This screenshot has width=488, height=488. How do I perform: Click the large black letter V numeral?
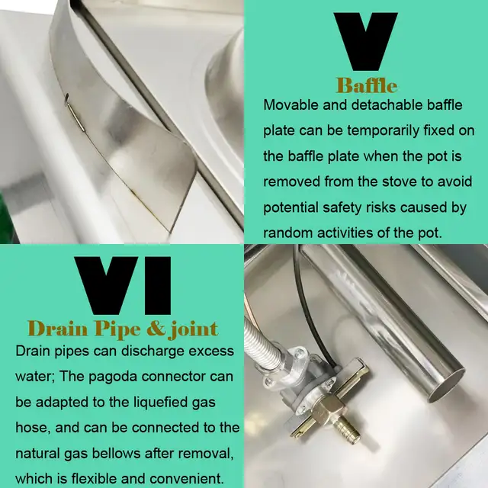pos(365,41)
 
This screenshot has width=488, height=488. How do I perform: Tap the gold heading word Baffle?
pos(367,85)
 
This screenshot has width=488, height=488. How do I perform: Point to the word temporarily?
pos(384,131)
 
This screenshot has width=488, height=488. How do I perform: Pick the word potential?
pos(291,208)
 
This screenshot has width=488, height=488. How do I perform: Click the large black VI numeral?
pos(123,285)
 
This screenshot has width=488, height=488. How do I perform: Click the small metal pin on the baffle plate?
pos(75,112)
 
